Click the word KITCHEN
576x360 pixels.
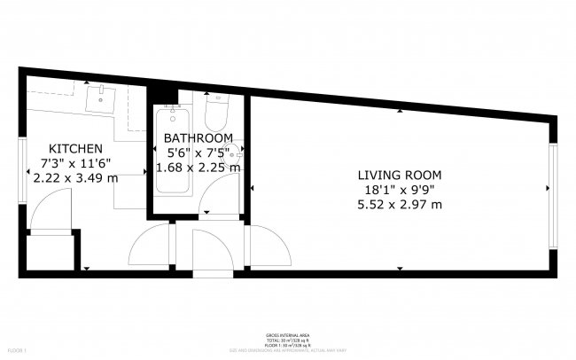75,148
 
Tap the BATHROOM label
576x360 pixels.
198,138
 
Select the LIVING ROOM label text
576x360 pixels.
399,175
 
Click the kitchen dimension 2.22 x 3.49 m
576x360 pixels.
75,177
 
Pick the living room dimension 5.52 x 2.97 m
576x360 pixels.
399,204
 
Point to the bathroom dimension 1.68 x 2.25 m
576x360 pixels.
198,167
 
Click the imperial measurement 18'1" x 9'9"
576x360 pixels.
399,189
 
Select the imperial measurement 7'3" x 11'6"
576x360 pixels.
75,162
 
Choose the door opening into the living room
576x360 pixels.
268,244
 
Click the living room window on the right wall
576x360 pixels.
553,197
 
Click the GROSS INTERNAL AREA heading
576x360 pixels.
288,335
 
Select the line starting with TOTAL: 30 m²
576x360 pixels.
288,340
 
